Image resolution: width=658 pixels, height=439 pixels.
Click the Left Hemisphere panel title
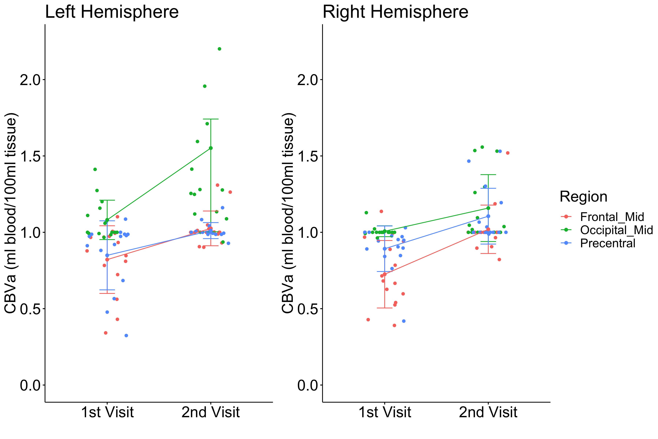click(x=112, y=12)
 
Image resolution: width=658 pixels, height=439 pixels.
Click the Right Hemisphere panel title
click(x=396, y=12)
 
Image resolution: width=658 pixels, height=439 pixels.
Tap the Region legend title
click(x=583, y=197)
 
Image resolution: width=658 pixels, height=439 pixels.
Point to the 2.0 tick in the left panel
click(x=29, y=80)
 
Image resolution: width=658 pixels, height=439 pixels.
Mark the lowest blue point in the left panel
click(x=126, y=335)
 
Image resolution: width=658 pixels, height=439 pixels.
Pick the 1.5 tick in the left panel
click(x=29, y=156)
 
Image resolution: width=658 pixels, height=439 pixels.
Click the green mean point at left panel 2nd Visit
click(x=211, y=148)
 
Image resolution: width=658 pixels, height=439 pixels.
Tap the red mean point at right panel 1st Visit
click(x=385, y=274)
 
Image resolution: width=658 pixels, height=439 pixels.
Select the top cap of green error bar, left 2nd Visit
click(x=211, y=119)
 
